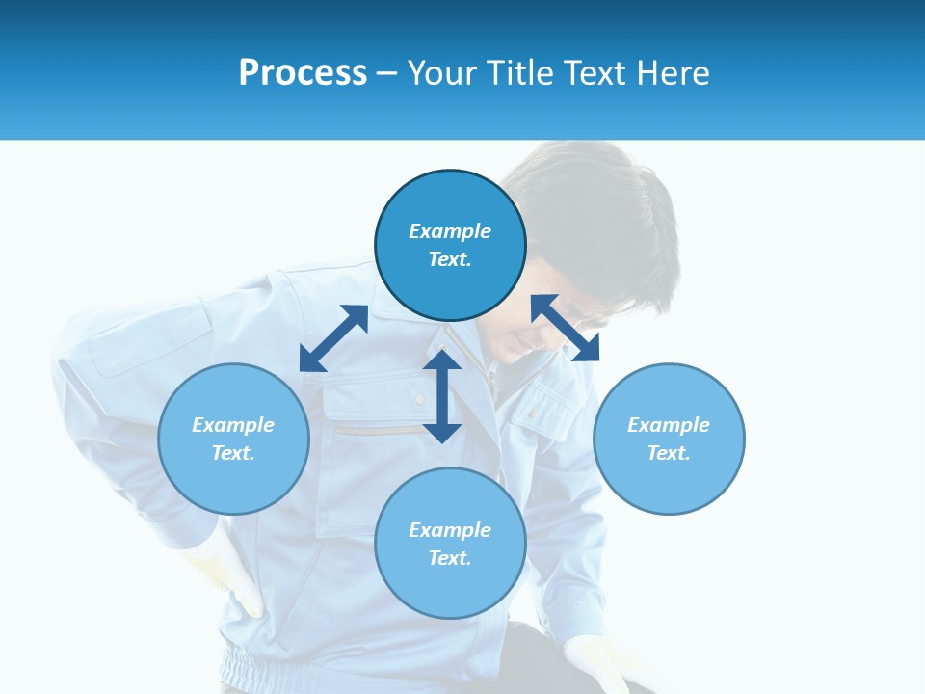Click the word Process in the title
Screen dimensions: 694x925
(303, 73)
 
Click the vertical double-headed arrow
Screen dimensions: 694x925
(442, 396)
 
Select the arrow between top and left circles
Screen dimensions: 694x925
(333, 338)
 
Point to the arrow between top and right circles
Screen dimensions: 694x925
(565, 328)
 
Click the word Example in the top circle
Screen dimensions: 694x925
(450, 231)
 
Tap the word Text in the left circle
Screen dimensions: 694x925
(233, 453)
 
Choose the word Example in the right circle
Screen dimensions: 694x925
(669, 425)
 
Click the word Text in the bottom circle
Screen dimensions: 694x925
(450, 558)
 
